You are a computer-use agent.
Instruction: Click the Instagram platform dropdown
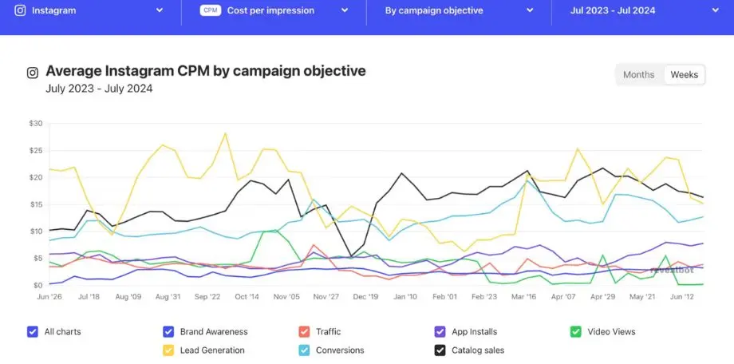(x=89, y=10)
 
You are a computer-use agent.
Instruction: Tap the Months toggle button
(x=638, y=74)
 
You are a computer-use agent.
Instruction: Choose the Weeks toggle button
(x=684, y=74)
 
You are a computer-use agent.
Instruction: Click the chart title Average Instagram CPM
(x=205, y=71)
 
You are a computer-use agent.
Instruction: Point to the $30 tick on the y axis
(x=34, y=123)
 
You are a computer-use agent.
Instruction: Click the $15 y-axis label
(x=34, y=204)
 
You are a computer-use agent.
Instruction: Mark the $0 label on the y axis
(x=37, y=285)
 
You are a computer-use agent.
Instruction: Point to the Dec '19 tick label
(x=365, y=296)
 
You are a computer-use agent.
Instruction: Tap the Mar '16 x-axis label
(x=523, y=296)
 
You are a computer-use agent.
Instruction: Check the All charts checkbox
(x=33, y=331)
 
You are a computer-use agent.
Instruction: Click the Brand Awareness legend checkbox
(x=168, y=331)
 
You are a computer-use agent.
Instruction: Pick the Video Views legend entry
(x=576, y=331)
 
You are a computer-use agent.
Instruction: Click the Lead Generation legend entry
(x=168, y=350)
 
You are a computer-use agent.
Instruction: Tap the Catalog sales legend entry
(x=440, y=350)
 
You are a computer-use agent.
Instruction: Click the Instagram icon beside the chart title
(x=33, y=73)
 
